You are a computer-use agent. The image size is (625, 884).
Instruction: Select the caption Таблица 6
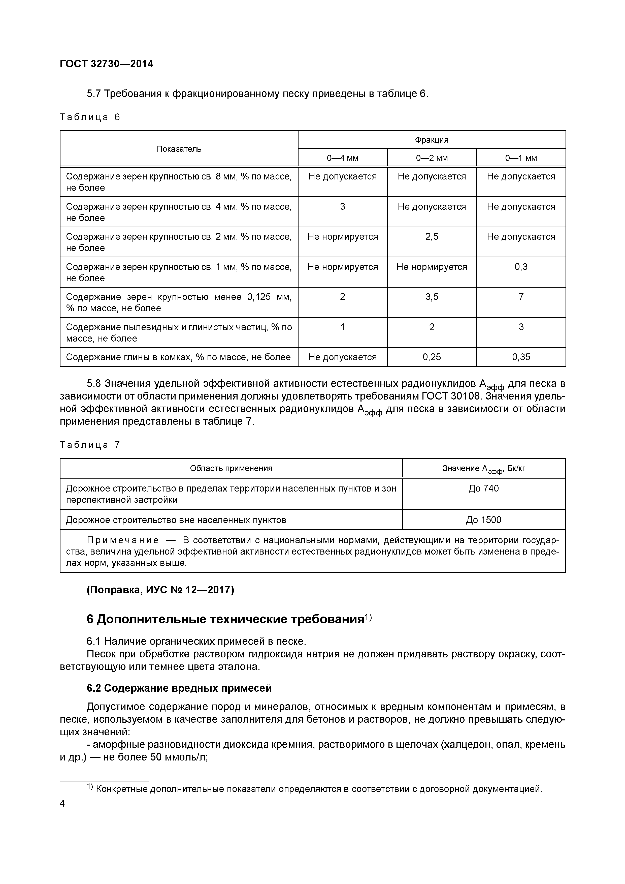tap(90, 117)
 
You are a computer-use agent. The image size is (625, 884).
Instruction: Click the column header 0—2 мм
tap(432, 158)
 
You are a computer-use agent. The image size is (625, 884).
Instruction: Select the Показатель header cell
tap(179, 149)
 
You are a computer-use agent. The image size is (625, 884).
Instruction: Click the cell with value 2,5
tap(432, 237)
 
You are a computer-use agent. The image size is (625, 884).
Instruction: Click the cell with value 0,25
tap(432, 357)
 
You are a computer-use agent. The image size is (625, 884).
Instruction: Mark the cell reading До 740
tap(483, 489)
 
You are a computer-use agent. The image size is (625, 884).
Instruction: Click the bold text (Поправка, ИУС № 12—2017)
tap(160, 590)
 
